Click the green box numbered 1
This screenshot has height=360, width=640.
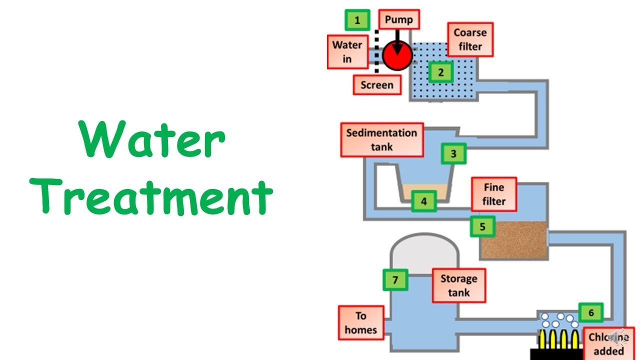pos(357,20)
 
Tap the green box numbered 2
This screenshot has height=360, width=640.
pos(440,72)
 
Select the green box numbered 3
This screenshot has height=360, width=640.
pos(453,153)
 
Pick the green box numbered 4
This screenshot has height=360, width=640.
pos(424,201)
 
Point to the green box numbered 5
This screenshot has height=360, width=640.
pos(482,226)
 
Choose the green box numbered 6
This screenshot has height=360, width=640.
pos(591,313)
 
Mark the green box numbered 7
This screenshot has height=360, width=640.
pos(395,280)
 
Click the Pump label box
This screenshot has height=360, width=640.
pos(398,20)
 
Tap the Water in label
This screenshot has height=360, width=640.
pos(347,51)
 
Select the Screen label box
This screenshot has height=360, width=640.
pos(376,85)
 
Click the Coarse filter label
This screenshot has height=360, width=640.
pos(470,39)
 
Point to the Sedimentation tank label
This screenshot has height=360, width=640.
pos(382,140)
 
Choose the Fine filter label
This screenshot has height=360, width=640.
pos(493,194)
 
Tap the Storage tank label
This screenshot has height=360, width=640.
pos(458,285)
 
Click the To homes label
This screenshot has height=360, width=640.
pos(360,323)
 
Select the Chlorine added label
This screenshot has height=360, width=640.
pos(608,343)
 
